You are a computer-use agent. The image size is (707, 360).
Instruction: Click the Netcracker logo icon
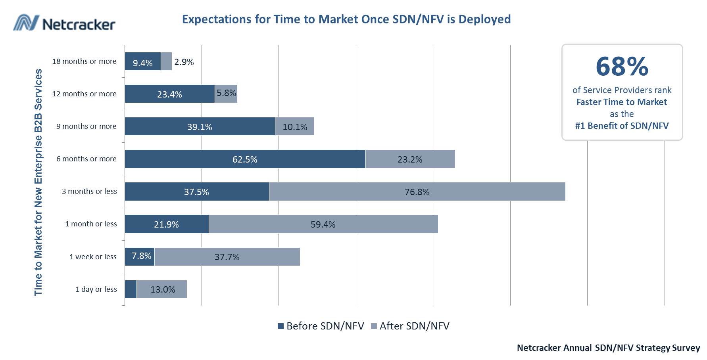[25, 23]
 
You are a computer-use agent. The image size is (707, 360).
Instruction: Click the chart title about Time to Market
[346, 19]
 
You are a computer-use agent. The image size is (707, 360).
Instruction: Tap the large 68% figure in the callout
[622, 66]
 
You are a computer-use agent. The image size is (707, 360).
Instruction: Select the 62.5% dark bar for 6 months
[245, 159]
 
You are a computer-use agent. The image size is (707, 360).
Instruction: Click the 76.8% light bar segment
[417, 191]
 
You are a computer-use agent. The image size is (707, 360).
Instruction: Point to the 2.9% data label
[184, 62]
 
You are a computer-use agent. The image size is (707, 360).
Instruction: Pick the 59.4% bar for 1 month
[323, 224]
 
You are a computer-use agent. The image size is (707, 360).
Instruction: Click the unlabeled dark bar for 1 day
[131, 289]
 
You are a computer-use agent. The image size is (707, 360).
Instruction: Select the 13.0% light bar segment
[162, 289]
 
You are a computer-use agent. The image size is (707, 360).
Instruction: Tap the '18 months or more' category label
[84, 61]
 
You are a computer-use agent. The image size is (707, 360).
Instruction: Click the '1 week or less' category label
[93, 257]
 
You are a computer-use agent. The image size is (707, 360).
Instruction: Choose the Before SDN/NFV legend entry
[321, 326]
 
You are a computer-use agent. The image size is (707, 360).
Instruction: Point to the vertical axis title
[38, 182]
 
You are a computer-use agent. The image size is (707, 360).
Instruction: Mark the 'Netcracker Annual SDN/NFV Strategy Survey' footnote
[608, 348]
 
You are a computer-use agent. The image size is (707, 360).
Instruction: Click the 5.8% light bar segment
[226, 94]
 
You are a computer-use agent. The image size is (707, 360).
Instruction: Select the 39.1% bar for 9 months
[200, 126]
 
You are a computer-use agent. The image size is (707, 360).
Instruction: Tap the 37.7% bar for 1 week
[227, 257]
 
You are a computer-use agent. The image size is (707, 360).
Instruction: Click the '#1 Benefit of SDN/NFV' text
[622, 126]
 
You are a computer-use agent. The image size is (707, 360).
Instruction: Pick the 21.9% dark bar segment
[166, 224]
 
